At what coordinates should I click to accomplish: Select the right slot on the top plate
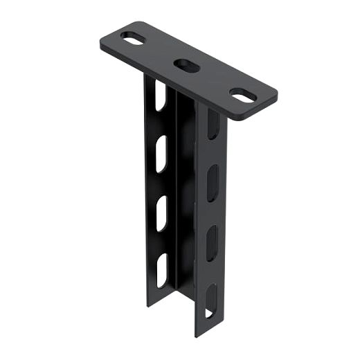tap(241, 96)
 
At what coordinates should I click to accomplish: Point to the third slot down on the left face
tap(161, 214)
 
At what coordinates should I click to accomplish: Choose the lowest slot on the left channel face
tap(161, 270)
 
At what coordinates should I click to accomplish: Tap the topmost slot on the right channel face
tap(214, 125)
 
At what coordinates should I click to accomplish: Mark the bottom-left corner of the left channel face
tap(147, 305)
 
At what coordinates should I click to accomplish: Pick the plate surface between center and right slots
tap(213, 80)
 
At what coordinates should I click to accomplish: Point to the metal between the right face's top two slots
tap(213, 154)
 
